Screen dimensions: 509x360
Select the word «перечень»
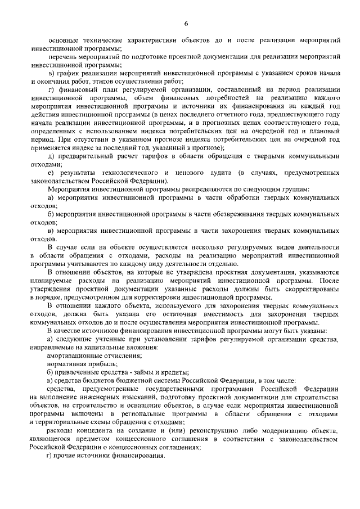pos(65,58)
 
